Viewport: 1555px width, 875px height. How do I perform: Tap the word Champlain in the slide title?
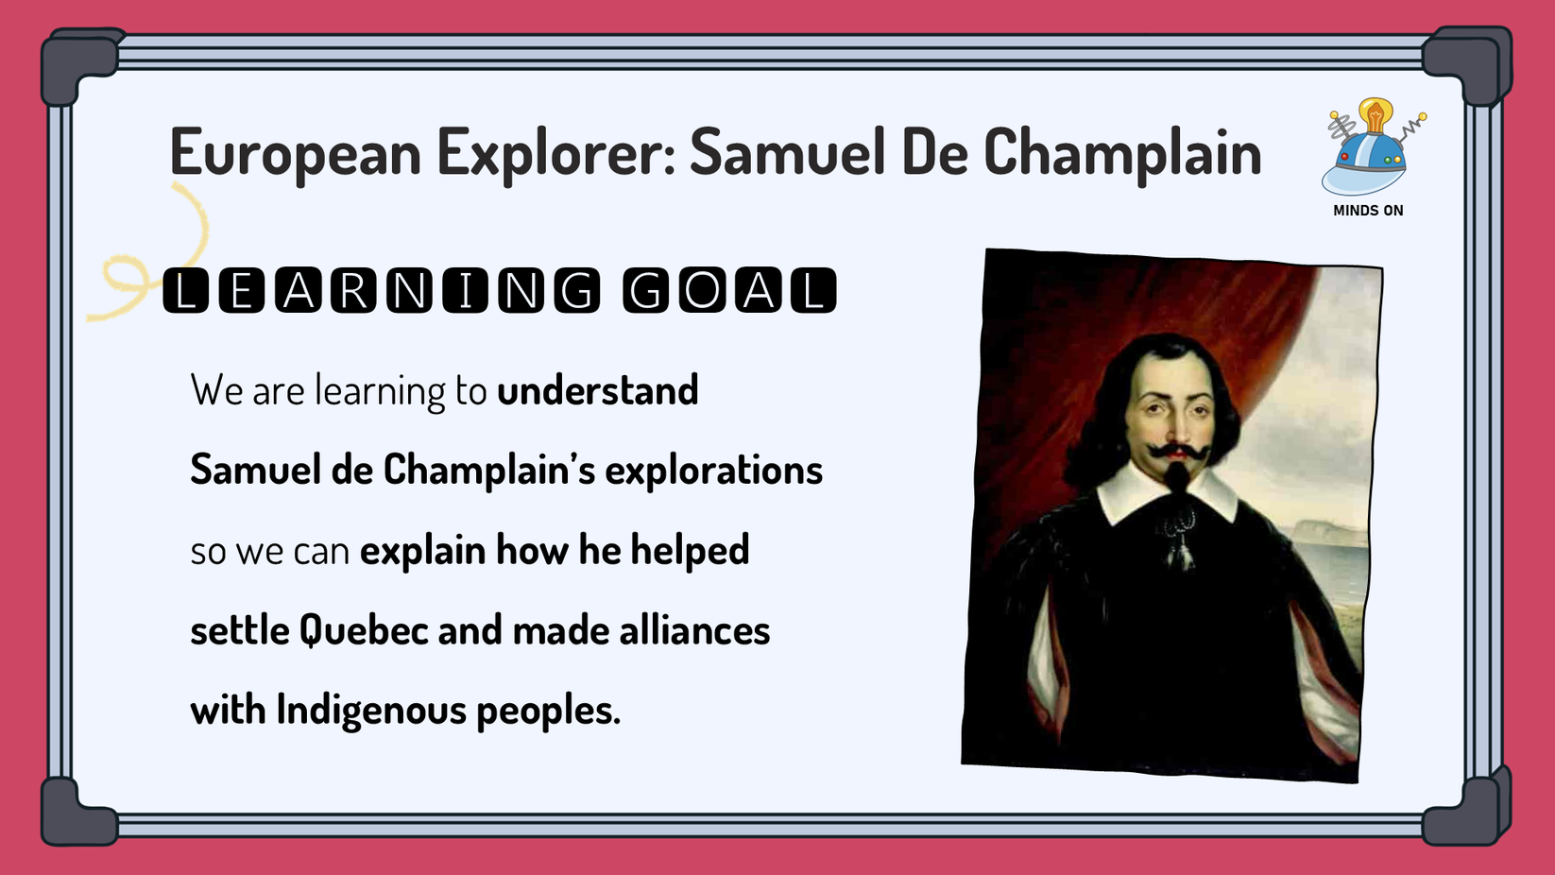(1122, 152)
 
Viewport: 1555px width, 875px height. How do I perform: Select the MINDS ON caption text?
(1368, 211)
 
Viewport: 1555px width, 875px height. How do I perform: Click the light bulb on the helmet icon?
(1375, 115)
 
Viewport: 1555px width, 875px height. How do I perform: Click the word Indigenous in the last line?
(371, 711)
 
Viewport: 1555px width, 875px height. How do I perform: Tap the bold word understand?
(598, 390)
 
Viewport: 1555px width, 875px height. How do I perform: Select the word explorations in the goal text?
(713, 470)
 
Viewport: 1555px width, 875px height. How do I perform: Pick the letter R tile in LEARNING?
(353, 290)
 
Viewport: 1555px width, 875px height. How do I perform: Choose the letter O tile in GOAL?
(702, 290)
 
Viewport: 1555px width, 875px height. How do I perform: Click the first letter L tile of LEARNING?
(185, 290)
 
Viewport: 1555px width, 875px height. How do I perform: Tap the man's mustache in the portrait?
(1174, 452)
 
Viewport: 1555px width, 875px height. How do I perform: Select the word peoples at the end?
(547, 711)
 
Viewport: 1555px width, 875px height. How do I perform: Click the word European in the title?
(295, 152)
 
